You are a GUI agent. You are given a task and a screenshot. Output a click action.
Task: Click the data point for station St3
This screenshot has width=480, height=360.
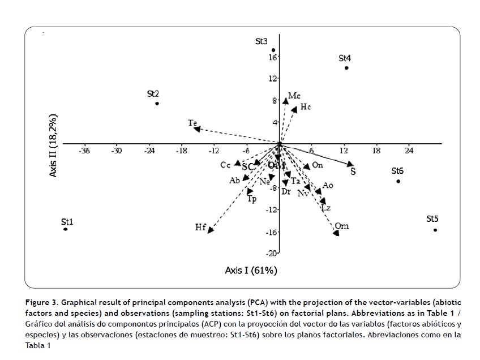tap(273, 50)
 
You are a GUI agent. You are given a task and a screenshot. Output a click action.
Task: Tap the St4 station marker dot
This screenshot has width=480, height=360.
tap(346, 68)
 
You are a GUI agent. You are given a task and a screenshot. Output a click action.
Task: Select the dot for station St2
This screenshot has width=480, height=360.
tap(157, 104)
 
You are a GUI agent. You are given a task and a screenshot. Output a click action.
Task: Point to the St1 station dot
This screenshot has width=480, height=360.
tap(66, 229)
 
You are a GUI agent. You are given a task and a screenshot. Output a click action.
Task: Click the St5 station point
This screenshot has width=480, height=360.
tap(435, 230)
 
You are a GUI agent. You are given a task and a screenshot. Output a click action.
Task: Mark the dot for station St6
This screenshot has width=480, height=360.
tap(398, 181)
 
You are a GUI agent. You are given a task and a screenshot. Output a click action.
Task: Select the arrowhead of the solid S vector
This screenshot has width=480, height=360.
tap(350, 164)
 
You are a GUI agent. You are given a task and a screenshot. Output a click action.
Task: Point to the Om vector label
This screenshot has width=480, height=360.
tap(341, 226)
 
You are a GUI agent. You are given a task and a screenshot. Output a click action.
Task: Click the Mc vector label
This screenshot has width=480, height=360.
tap(294, 96)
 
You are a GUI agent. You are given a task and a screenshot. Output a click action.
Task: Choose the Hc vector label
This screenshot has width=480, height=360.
tap(306, 106)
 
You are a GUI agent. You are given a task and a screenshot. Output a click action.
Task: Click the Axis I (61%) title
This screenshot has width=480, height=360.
tap(251, 271)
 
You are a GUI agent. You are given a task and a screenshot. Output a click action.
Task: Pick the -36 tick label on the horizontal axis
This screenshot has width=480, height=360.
tap(84, 151)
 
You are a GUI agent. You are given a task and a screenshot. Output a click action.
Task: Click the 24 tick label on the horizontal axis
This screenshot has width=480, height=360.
tap(409, 151)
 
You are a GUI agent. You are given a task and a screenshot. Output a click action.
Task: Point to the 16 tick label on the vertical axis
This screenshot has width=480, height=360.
tap(273, 57)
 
